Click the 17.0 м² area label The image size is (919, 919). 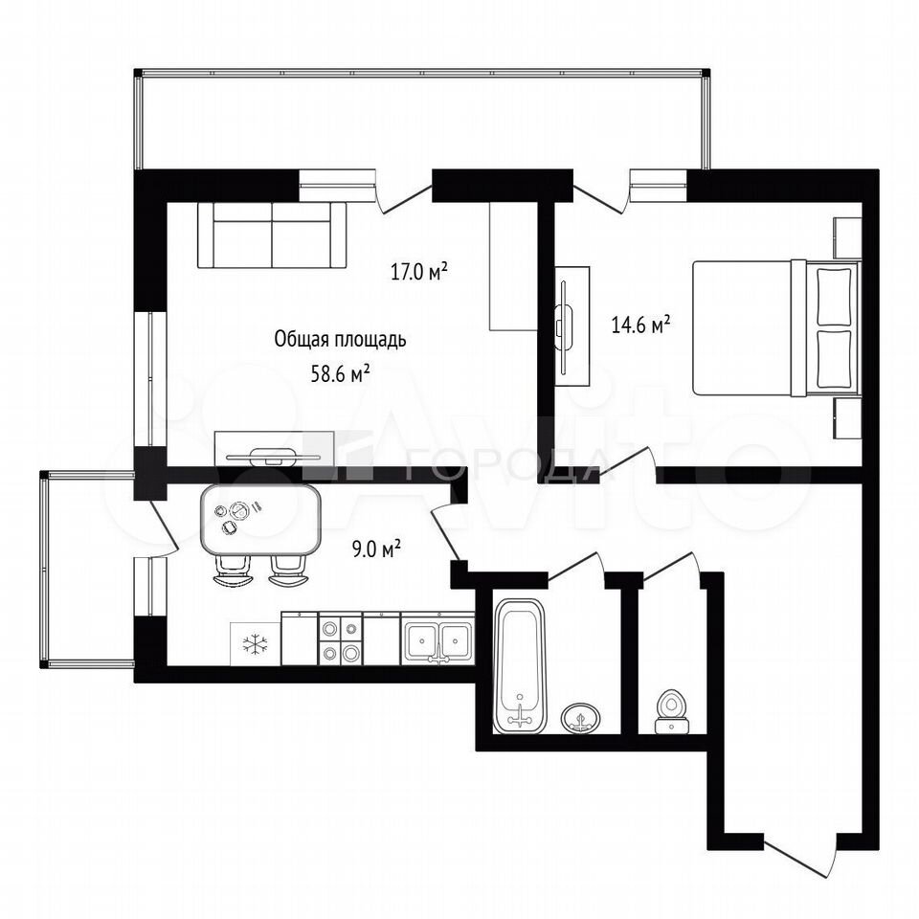pyautogui.click(x=419, y=272)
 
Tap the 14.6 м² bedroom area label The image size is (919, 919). pyautogui.click(x=640, y=325)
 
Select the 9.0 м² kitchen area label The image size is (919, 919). pyautogui.click(x=375, y=549)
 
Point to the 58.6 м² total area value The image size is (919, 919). pyautogui.click(x=340, y=374)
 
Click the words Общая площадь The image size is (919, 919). pyautogui.click(x=340, y=339)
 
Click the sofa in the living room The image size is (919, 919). pyautogui.click(x=272, y=235)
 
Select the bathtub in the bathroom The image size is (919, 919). pyautogui.click(x=519, y=666)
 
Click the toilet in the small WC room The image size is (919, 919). pyautogui.click(x=671, y=711)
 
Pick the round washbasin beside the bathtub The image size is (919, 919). pyautogui.click(x=581, y=717)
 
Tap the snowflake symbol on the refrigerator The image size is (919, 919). pyautogui.click(x=255, y=644)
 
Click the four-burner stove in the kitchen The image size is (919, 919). pyautogui.click(x=340, y=639)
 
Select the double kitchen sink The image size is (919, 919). pyautogui.click(x=438, y=639)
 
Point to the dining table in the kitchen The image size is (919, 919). pyautogui.click(x=260, y=521)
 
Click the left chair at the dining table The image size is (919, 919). pyautogui.click(x=234, y=571)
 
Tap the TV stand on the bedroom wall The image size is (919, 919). pyautogui.click(x=572, y=325)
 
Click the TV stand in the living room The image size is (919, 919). pyautogui.click(x=275, y=449)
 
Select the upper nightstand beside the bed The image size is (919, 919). pyautogui.click(x=846, y=238)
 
